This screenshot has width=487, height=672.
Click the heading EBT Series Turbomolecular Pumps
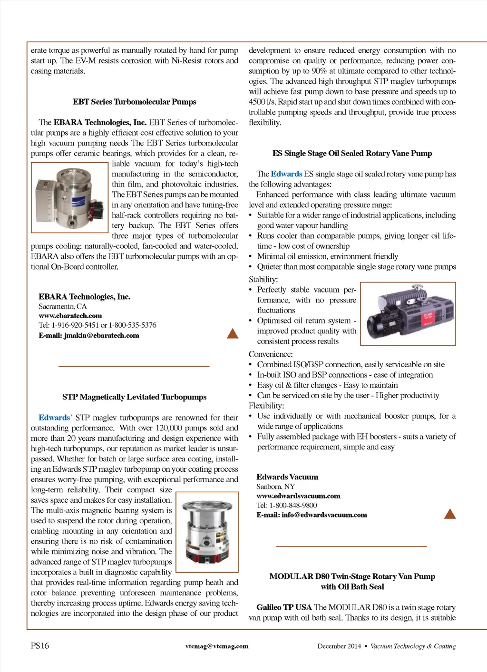(134, 102)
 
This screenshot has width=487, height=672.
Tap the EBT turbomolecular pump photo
(69, 197)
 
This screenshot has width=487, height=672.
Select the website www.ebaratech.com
(70, 316)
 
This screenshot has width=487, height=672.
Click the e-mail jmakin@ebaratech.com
(89, 335)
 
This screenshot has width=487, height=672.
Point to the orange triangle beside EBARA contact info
(233, 333)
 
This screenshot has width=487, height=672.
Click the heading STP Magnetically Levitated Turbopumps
(134, 397)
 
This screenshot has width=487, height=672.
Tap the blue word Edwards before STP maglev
(54, 418)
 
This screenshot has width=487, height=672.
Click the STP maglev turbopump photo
(207, 532)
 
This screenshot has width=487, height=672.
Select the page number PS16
(40, 645)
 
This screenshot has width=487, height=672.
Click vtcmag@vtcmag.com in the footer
(217, 646)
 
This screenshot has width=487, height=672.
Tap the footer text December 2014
(339, 646)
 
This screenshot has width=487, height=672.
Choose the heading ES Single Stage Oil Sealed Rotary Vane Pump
(352, 153)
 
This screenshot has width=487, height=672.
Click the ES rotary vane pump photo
(408, 313)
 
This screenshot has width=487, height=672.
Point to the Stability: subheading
(263, 279)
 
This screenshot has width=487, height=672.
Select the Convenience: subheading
(271, 354)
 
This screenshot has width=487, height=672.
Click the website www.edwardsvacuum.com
(298, 496)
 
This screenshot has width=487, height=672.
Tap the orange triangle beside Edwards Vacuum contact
(449, 514)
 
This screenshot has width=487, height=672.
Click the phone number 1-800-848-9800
(293, 505)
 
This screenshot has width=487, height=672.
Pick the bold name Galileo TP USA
(284, 607)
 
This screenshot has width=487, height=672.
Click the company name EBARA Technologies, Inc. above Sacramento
(85, 297)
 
